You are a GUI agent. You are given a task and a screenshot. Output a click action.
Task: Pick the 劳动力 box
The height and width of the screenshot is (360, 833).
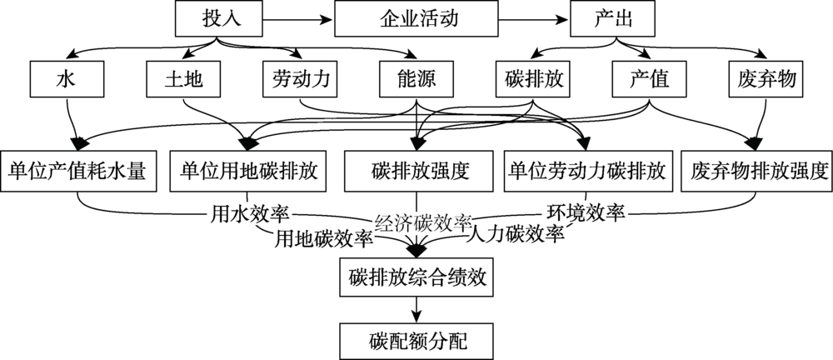(300, 80)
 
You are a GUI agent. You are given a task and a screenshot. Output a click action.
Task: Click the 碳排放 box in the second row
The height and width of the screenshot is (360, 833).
(531, 80)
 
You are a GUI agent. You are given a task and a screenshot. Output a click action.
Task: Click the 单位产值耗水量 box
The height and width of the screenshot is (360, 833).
(78, 172)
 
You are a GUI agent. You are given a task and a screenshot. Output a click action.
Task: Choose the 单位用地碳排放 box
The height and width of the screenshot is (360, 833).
(247, 172)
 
